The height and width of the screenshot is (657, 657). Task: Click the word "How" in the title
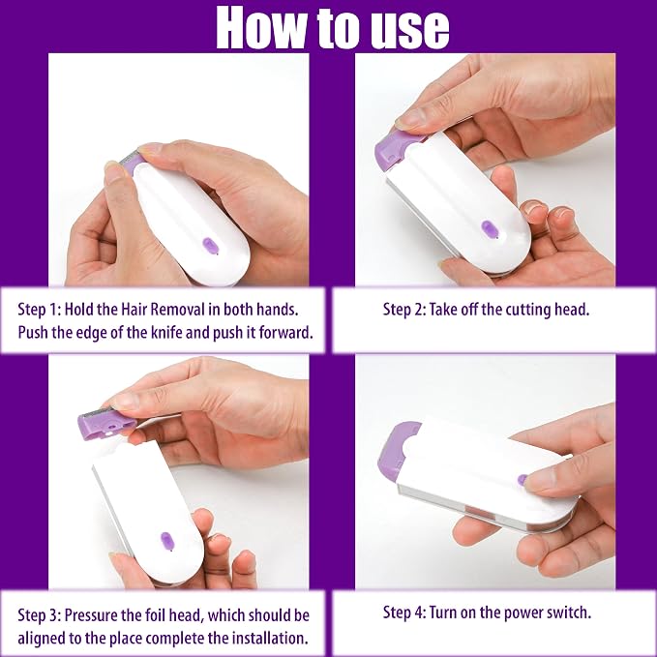(262, 28)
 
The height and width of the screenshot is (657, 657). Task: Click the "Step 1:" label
(40, 310)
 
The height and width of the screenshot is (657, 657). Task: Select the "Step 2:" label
(403, 310)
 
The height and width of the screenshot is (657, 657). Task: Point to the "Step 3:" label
(40, 615)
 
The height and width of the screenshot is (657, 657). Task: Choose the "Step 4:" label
(403, 612)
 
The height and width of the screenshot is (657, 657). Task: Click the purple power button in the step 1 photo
(210, 246)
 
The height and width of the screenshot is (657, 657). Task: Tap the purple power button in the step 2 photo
(490, 229)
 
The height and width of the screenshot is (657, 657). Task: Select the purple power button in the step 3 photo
(167, 541)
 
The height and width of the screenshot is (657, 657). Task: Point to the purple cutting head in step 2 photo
(396, 147)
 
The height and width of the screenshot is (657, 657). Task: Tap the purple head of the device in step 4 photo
(397, 451)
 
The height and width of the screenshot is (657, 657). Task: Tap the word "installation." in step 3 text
(270, 639)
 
